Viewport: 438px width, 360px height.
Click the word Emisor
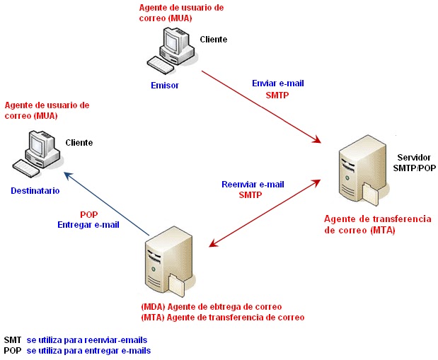[x=165, y=85]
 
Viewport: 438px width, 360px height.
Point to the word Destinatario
[x=35, y=191]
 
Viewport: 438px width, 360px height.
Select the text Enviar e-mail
[x=278, y=83]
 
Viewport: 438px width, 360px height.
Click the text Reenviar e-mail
[x=253, y=184]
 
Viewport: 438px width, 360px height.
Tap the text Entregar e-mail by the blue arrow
[x=88, y=224]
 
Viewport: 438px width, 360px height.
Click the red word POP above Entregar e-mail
[x=88, y=214]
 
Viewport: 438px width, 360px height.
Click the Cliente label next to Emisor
[x=214, y=40]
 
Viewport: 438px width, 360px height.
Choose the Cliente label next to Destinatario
[x=79, y=142]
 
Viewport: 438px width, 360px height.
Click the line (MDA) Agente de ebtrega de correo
[x=212, y=307]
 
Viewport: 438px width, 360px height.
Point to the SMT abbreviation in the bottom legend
[x=13, y=340]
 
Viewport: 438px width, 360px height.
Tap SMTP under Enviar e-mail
[x=277, y=94]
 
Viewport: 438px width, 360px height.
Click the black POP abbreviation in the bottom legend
[x=13, y=350]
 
